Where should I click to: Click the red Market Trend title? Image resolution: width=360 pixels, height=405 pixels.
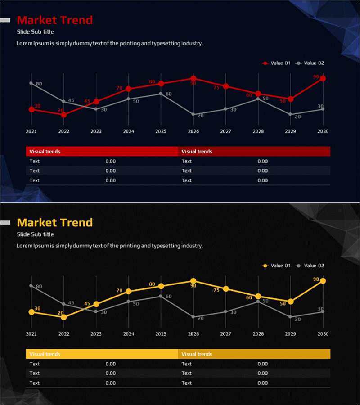point(54,20)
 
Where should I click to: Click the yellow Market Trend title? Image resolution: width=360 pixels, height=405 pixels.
point(54,223)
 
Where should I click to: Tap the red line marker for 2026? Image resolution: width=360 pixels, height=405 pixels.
point(193,78)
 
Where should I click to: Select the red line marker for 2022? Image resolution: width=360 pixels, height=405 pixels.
point(64,115)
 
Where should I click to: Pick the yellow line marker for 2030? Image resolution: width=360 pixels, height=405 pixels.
point(323,281)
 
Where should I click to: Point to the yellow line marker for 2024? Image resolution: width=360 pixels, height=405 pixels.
point(129,292)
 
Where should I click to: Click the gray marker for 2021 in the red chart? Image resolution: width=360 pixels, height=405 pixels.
point(31,83)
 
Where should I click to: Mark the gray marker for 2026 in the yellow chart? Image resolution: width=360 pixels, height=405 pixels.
point(193,317)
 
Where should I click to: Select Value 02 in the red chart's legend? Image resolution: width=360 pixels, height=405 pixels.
point(310,63)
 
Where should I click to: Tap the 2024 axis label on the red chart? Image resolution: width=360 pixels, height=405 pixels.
point(129,131)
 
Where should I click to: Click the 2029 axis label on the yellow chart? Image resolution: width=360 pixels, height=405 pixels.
point(290,334)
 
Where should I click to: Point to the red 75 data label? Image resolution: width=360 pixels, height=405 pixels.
point(216,88)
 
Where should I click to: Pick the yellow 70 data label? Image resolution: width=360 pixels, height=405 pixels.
point(119,291)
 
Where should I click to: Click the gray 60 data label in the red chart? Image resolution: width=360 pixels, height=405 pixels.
point(169,94)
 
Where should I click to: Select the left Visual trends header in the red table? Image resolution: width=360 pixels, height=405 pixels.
point(45,152)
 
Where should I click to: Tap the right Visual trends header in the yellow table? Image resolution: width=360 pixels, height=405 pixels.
point(197,354)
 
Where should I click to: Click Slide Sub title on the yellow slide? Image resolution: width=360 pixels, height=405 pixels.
point(35,234)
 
